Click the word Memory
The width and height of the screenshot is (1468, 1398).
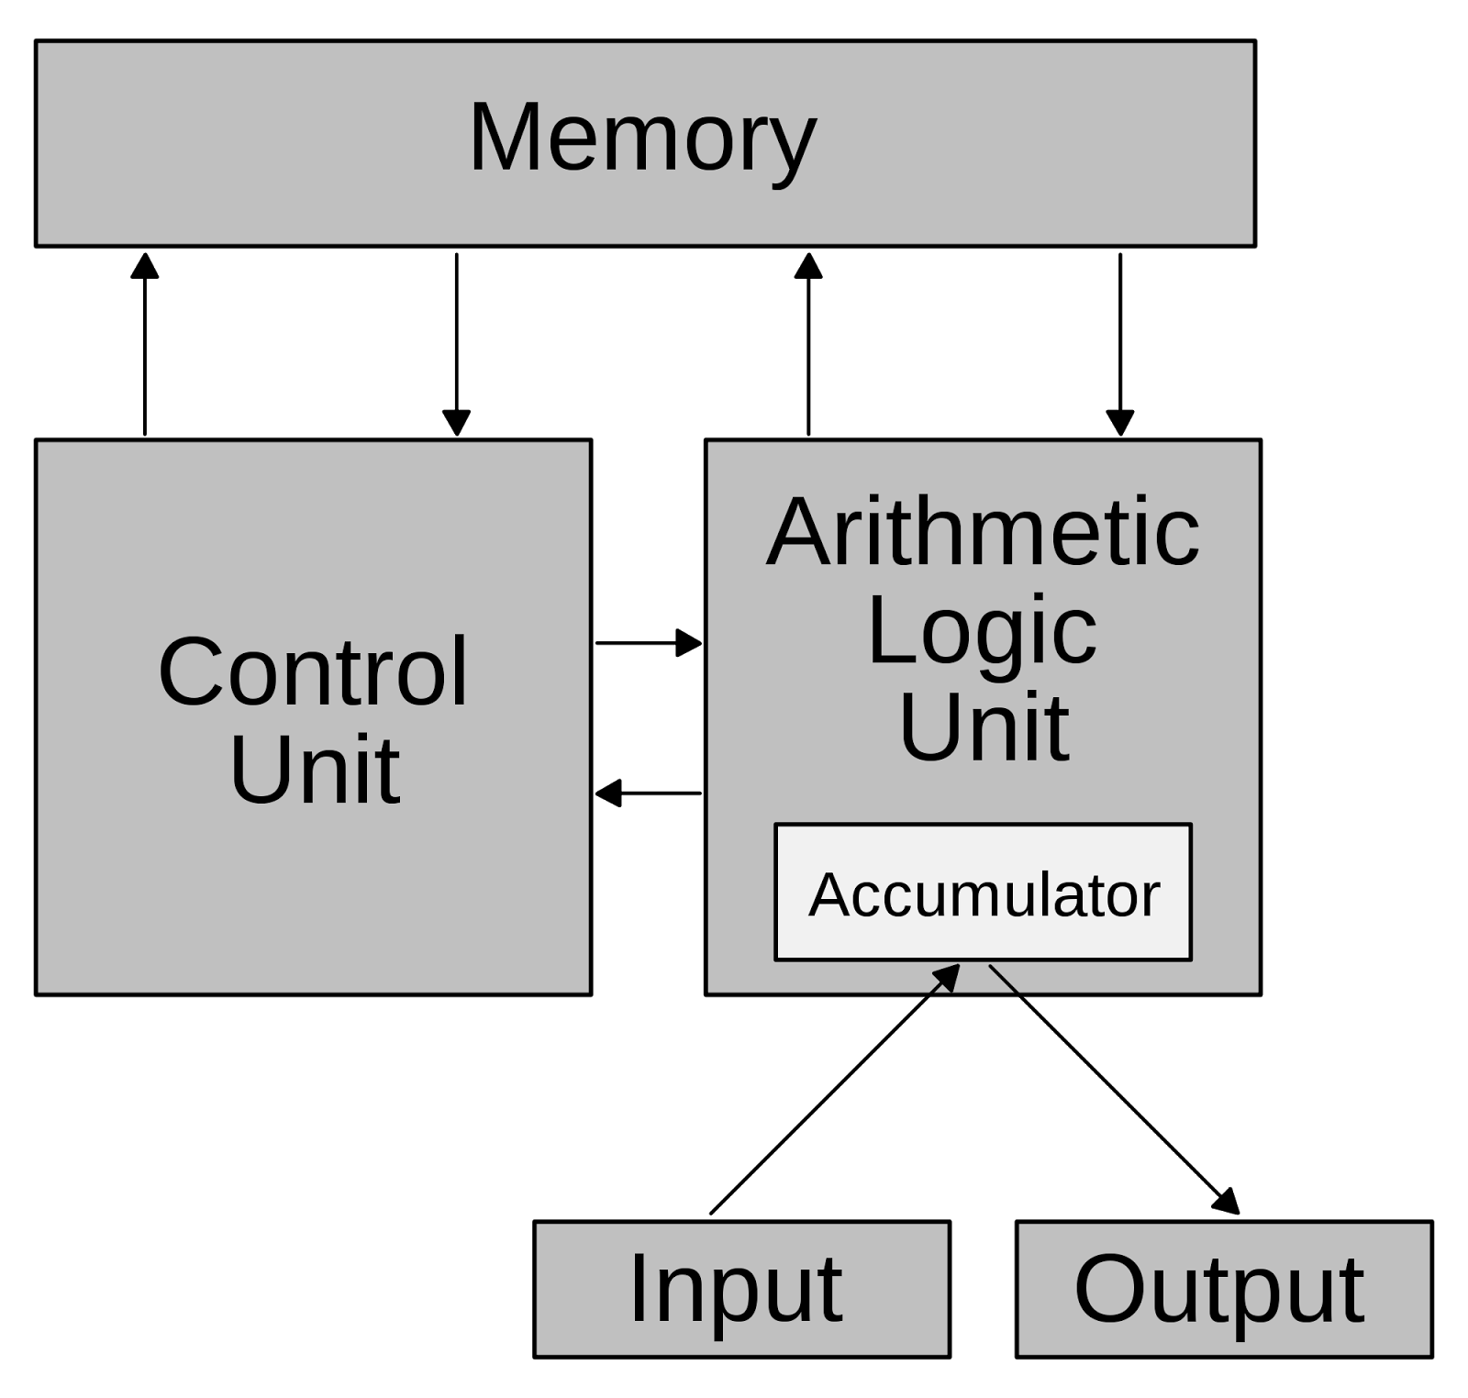tap(642, 138)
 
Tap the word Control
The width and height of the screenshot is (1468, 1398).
tap(313, 672)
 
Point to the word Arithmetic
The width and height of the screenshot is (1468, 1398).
tap(983, 532)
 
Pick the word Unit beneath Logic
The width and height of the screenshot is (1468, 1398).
tap(984, 727)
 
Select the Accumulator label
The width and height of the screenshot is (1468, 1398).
tap(984, 894)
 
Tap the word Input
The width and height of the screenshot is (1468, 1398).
tap(735, 1289)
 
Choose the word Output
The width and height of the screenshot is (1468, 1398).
tap(1219, 1289)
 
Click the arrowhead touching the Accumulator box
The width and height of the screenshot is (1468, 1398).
tap(948, 977)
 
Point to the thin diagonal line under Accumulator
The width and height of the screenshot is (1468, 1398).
tap(1004, 979)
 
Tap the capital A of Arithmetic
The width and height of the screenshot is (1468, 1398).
tap(798, 532)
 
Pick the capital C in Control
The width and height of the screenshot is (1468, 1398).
tap(192, 672)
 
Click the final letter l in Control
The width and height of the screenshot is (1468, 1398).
tap(462, 670)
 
